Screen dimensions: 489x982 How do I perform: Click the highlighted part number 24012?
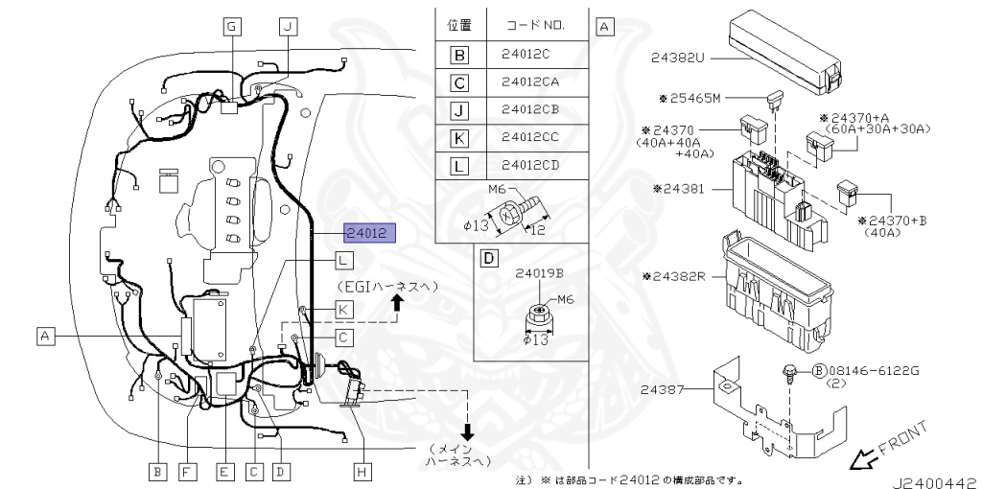point(368,233)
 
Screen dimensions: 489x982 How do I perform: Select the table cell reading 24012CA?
point(529,81)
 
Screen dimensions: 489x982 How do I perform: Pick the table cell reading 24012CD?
point(529,166)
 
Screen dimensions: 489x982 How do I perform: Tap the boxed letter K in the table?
point(459,138)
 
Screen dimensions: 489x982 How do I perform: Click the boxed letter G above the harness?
point(231,27)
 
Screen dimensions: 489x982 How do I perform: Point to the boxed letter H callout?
point(362,471)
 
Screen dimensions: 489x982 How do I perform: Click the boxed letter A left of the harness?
point(44,336)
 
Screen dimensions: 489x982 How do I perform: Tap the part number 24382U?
point(676,58)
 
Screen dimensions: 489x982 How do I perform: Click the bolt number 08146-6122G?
point(873,370)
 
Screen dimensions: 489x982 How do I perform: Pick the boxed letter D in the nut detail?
point(489,258)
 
